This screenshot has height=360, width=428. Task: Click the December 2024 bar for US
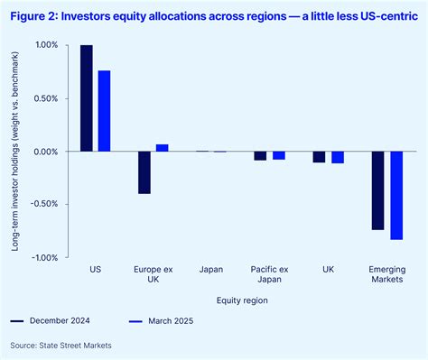coord(87,98)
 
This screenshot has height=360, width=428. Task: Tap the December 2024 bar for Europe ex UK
coord(144,172)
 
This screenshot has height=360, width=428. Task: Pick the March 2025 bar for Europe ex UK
coord(162,148)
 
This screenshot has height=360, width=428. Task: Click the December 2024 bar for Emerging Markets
coord(377,190)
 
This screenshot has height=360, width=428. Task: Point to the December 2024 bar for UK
coord(319,157)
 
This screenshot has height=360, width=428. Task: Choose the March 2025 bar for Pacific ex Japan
coord(278,155)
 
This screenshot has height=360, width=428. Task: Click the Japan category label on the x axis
coord(212,270)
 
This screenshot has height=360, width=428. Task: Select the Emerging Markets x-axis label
coord(386,274)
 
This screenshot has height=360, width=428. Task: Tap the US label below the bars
coord(96,270)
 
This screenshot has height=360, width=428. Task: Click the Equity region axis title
coord(241,299)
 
